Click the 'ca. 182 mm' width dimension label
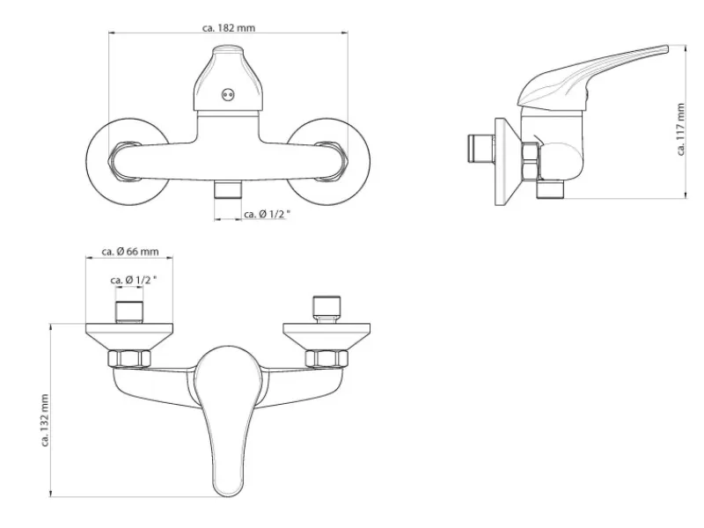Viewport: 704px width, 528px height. (x=229, y=28)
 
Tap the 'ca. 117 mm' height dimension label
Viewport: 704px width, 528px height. (x=681, y=129)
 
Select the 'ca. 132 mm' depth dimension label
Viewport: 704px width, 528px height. (x=45, y=421)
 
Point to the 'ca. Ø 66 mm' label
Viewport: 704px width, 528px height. (x=130, y=252)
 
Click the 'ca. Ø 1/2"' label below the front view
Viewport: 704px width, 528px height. (x=268, y=214)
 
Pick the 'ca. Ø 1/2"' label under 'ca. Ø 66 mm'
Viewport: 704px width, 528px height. (x=134, y=280)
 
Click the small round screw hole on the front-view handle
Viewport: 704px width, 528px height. (x=228, y=95)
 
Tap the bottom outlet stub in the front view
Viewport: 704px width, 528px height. (x=228, y=189)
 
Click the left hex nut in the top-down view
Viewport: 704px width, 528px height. (x=129, y=359)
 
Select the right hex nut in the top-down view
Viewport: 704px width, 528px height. (x=326, y=359)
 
